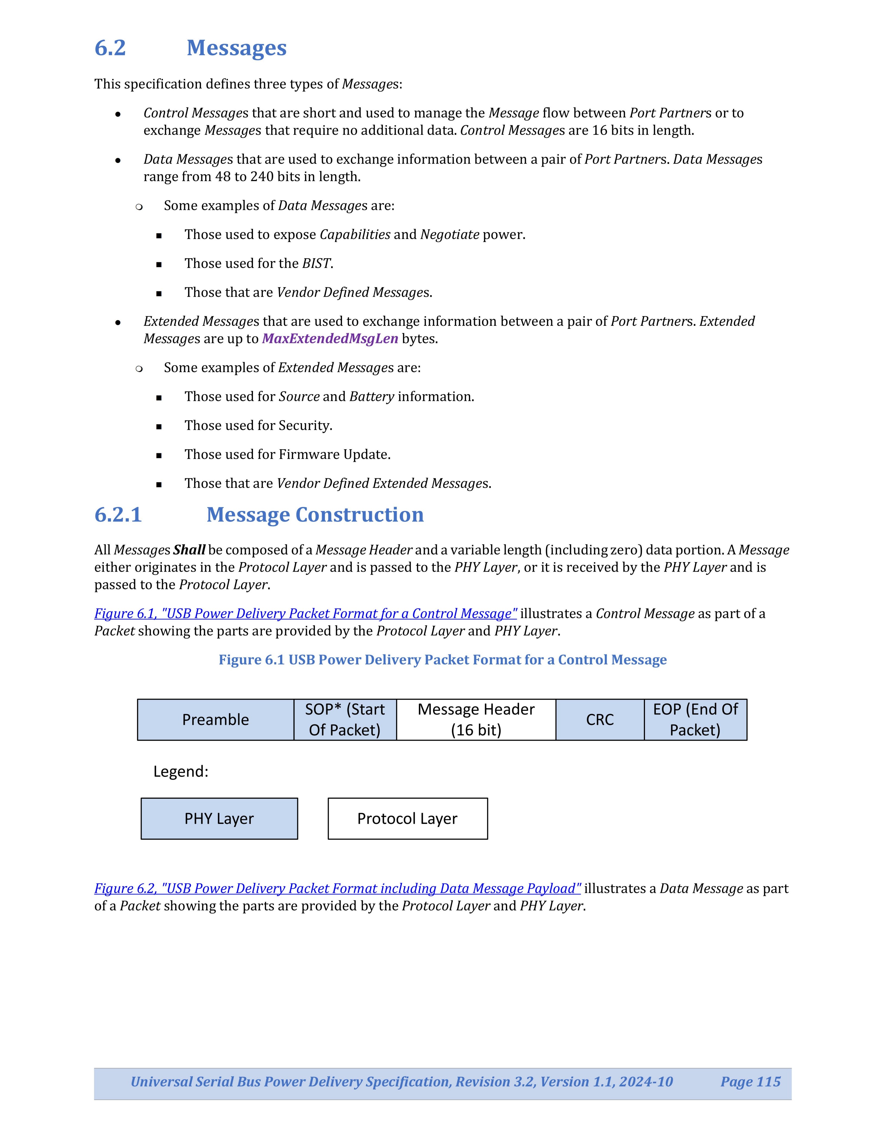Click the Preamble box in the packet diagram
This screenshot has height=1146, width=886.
coord(215,720)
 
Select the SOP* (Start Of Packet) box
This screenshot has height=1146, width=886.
coord(345,720)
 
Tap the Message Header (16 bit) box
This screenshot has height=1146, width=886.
coord(476,720)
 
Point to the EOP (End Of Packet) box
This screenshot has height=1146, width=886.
coord(695,720)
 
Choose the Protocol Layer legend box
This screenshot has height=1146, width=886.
coord(407,819)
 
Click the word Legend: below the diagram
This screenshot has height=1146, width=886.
coord(181,771)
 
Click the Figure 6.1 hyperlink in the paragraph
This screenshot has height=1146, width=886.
coord(305,613)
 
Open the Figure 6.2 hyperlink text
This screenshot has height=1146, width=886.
coord(337,888)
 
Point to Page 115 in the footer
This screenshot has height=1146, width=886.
coord(750,1082)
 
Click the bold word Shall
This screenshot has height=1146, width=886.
coord(189,550)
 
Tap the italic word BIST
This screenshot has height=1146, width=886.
coord(316,263)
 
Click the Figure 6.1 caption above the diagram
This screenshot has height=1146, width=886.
coord(442,660)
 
